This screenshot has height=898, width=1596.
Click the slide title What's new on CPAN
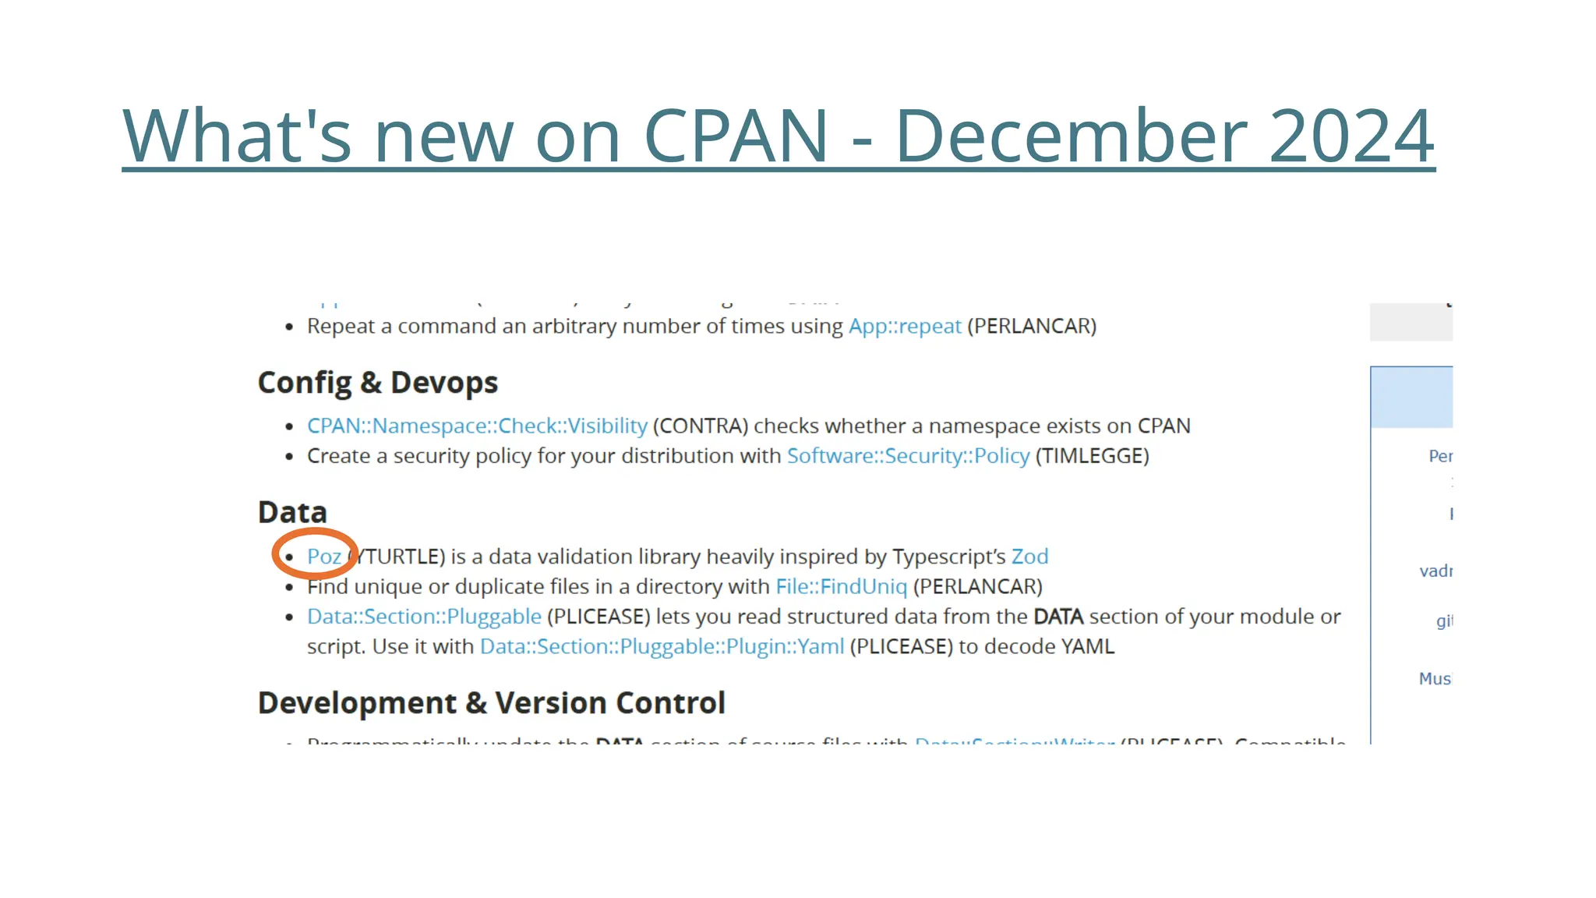[778, 136]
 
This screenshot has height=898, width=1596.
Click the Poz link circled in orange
[323, 557]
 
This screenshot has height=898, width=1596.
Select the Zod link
[1029, 557]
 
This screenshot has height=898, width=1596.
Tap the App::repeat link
[904, 326]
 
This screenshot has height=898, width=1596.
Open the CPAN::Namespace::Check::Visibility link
[477, 426]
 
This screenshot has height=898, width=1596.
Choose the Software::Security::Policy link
[908, 456]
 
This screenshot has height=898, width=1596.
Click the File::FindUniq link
[841, 586]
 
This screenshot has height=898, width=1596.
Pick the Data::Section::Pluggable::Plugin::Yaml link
[662, 646]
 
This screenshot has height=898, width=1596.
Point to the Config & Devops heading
[377, 383]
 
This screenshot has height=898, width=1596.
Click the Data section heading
[292, 512]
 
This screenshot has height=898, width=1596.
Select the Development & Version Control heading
[491, 703]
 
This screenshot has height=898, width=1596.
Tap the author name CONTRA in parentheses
[700, 426]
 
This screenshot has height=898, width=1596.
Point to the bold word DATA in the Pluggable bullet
[1058, 617]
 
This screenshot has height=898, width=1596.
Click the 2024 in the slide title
[1351, 136]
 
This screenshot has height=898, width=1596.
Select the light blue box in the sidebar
[1411, 397]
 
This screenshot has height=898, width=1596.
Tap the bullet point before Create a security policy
[289, 457]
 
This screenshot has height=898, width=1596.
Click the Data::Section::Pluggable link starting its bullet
[424, 617]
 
